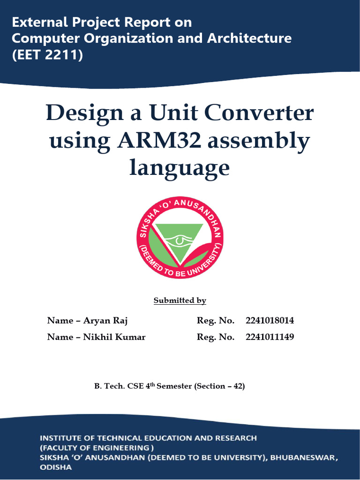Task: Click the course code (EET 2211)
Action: point(47,55)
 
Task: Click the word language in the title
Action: point(180,168)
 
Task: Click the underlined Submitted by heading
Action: point(180,300)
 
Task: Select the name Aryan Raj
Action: point(105,321)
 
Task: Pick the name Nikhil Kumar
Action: point(114,337)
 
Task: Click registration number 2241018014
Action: point(270,321)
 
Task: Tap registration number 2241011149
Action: point(270,337)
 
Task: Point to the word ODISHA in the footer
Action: point(55,467)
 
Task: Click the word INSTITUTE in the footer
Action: point(60,438)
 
